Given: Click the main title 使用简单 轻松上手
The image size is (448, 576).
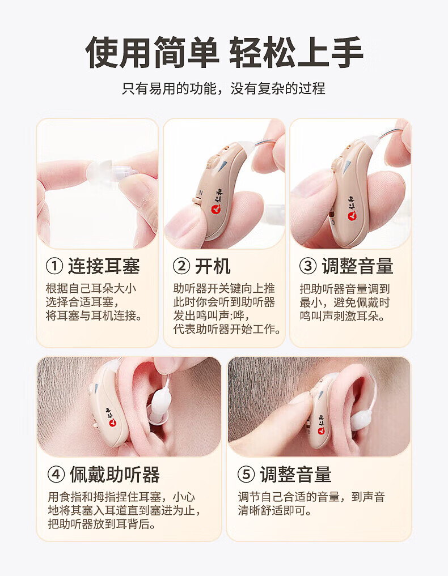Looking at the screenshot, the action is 224,52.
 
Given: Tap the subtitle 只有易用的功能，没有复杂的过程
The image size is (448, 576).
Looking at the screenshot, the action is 223,88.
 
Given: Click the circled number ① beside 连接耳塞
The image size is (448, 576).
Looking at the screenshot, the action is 54,266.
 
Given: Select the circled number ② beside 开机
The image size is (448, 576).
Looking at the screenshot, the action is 181,266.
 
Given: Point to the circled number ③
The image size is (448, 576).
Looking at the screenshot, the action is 308,266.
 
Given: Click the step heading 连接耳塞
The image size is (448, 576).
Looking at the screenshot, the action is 104,266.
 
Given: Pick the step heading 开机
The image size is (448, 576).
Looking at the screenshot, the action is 213,266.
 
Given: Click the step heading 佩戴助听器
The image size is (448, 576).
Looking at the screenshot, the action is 115,475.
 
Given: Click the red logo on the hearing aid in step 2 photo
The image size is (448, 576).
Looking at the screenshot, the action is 215,208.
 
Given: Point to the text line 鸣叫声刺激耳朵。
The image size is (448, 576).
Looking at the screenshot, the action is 343,315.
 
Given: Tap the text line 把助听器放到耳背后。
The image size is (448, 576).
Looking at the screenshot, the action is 102,524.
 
